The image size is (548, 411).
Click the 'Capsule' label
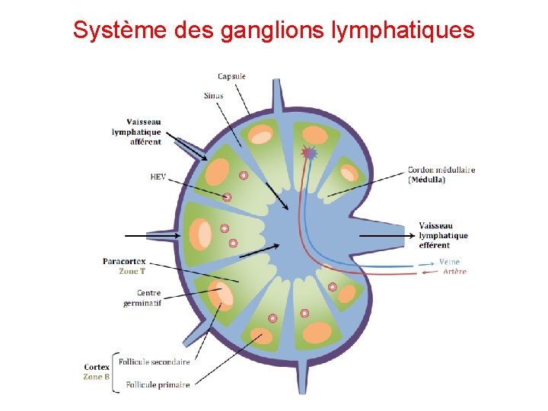tap(231, 76)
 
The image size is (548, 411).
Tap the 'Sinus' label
tap(213, 96)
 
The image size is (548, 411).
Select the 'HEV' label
tap(158, 177)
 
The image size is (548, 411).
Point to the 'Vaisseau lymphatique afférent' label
tap(136, 132)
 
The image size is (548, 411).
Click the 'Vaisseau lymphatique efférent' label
tap(443, 235)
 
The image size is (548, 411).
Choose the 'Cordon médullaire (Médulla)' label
tap(441, 174)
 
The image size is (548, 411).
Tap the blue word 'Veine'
tap(450, 262)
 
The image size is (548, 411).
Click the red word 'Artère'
tap(454, 272)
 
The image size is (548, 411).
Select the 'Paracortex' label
tap(124, 261)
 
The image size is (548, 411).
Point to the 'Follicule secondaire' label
tap(158, 362)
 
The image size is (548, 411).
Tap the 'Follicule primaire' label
tap(158, 384)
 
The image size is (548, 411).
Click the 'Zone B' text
tap(97, 377)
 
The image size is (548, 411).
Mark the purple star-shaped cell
tap(308, 153)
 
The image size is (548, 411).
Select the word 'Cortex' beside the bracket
tap(97, 367)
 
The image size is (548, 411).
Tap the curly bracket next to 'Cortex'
tap(116, 372)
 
